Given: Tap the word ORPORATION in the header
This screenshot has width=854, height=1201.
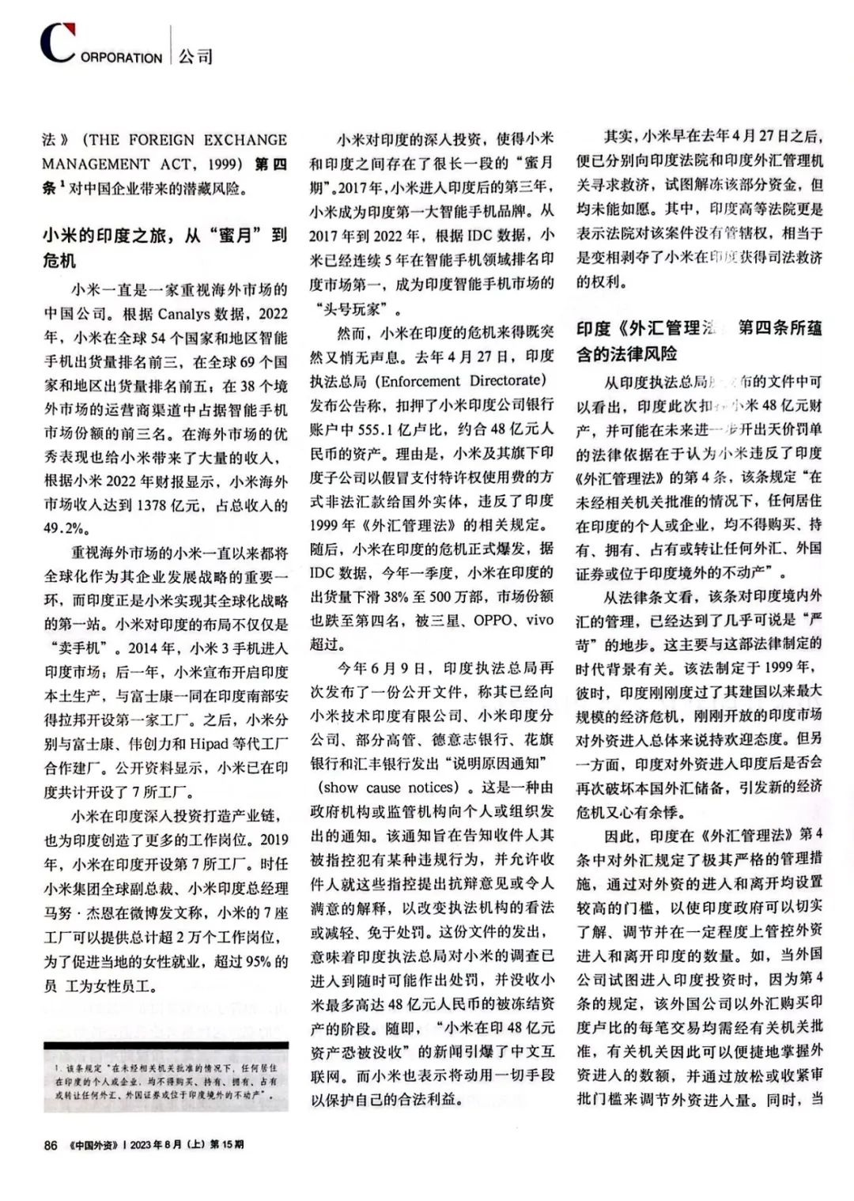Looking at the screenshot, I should click(x=121, y=58).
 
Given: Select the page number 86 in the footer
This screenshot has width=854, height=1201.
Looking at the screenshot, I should click(x=51, y=1145).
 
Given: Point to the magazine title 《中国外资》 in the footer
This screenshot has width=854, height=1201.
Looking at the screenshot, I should click(x=96, y=1145).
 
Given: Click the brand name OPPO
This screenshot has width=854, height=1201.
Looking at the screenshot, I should click(x=492, y=620).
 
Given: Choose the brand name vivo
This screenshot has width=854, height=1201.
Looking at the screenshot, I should click(x=537, y=620).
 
